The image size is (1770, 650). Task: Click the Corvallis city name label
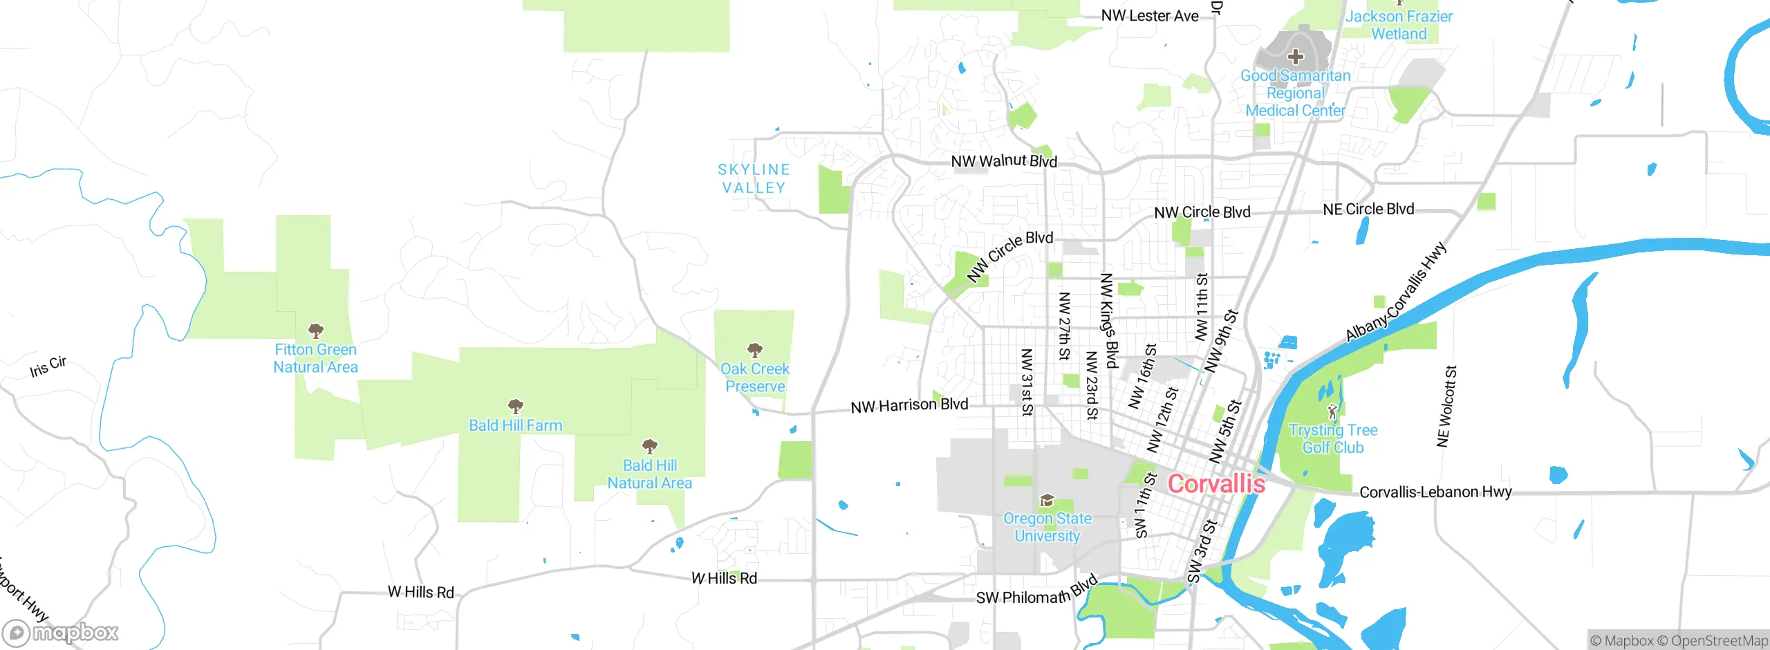pos(1216,484)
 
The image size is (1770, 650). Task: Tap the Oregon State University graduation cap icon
pos(1047,500)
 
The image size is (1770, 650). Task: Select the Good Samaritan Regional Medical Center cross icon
pos(1295,57)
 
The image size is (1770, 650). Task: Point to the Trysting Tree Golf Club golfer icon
pos(1332,412)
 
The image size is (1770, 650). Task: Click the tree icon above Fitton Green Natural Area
pos(315,331)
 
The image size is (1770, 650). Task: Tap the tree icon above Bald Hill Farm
pos(515,406)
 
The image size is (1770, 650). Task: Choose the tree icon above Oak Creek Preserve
pos(755,350)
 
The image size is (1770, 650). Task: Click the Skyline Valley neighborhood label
pos(754,178)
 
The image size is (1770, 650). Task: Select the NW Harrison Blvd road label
pos(909,405)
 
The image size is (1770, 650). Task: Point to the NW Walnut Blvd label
pos(1004,161)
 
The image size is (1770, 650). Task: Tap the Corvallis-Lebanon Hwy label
pos(1435,492)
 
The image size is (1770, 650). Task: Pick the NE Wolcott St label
pos(1446,407)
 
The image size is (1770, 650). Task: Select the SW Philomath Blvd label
pos(1036,593)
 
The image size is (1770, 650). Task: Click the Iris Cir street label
pos(48,366)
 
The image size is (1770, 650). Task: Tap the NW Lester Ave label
pos(1150,16)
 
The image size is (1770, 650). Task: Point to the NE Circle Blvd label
pos(1368,209)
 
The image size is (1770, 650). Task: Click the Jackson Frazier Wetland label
pos(1399,25)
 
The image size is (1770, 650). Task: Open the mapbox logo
pos(61,632)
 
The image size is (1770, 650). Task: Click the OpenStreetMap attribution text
pos(1719,641)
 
